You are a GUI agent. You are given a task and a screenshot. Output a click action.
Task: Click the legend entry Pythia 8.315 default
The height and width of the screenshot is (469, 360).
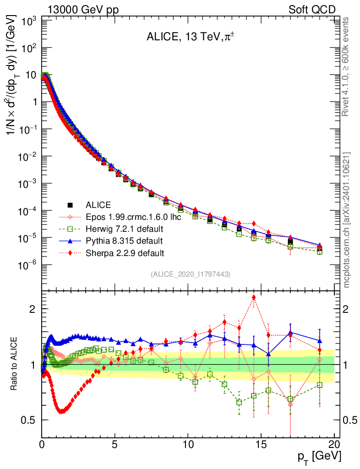pyautogui.click(x=124, y=240)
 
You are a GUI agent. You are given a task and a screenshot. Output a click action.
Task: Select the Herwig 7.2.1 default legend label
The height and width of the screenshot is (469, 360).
pyautogui.click(x=125, y=229)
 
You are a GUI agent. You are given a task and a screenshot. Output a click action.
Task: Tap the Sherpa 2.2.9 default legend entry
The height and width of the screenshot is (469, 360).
pyautogui.click(x=125, y=253)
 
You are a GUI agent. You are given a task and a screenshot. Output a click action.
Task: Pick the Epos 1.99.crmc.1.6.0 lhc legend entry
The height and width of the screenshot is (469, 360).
pyautogui.click(x=133, y=217)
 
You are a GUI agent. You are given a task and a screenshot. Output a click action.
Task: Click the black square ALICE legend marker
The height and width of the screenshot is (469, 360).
pyautogui.click(x=70, y=205)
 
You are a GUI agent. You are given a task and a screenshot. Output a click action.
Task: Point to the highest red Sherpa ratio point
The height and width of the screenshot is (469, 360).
pyautogui.click(x=254, y=298)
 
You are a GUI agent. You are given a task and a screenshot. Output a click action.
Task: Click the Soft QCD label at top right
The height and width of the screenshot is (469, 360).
pyautogui.click(x=311, y=10)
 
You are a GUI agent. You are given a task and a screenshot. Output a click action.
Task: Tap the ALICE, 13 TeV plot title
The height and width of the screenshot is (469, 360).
pyautogui.click(x=188, y=37)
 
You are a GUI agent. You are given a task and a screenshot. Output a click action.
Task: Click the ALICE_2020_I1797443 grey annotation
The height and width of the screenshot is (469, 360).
pyautogui.click(x=190, y=274)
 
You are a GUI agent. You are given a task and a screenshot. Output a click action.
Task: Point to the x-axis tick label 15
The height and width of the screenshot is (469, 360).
pyautogui.click(x=261, y=444)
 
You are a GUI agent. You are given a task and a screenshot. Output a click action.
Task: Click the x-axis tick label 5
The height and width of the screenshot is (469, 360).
pyautogui.click(x=115, y=444)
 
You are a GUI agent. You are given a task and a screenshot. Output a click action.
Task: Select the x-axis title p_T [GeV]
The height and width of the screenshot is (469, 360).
pyautogui.click(x=320, y=457)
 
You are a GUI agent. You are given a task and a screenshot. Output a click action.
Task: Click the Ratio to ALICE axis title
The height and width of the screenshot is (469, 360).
pyautogui.click(x=15, y=364)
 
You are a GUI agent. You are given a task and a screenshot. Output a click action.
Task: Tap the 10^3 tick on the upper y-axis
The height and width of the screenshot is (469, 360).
pyautogui.click(x=28, y=21)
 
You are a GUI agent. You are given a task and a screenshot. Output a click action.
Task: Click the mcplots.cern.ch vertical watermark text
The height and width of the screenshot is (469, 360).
pyautogui.click(x=347, y=220)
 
